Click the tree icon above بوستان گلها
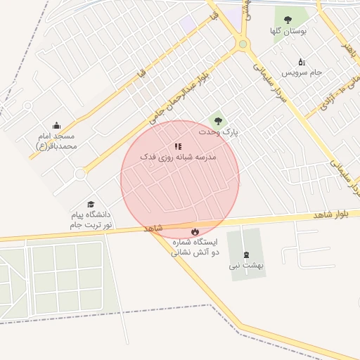coord(287,20)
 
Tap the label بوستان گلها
coord(286,32)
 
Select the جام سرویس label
coord(302,72)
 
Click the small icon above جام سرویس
coord(302,62)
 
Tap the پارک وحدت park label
coord(217,132)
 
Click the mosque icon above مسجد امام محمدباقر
coord(56,125)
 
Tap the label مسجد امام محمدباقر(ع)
coord(56,141)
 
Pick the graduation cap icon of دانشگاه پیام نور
coord(91,204)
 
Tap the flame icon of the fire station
coord(195,231)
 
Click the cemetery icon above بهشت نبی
coord(245,255)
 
